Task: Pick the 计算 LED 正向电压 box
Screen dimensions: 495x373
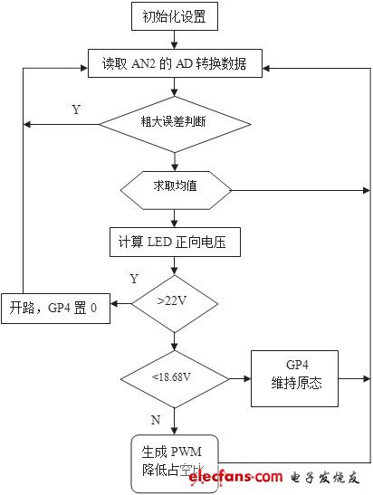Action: coord(174,243)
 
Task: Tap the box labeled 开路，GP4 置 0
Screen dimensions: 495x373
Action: coord(55,308)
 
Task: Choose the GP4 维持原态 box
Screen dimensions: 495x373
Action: coord(294,377)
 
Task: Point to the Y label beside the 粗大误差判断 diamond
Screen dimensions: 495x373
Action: coord(76,109)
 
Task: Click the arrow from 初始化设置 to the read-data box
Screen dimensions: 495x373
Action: coord(175,42)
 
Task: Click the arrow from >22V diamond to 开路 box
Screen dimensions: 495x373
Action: coord(121,308)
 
